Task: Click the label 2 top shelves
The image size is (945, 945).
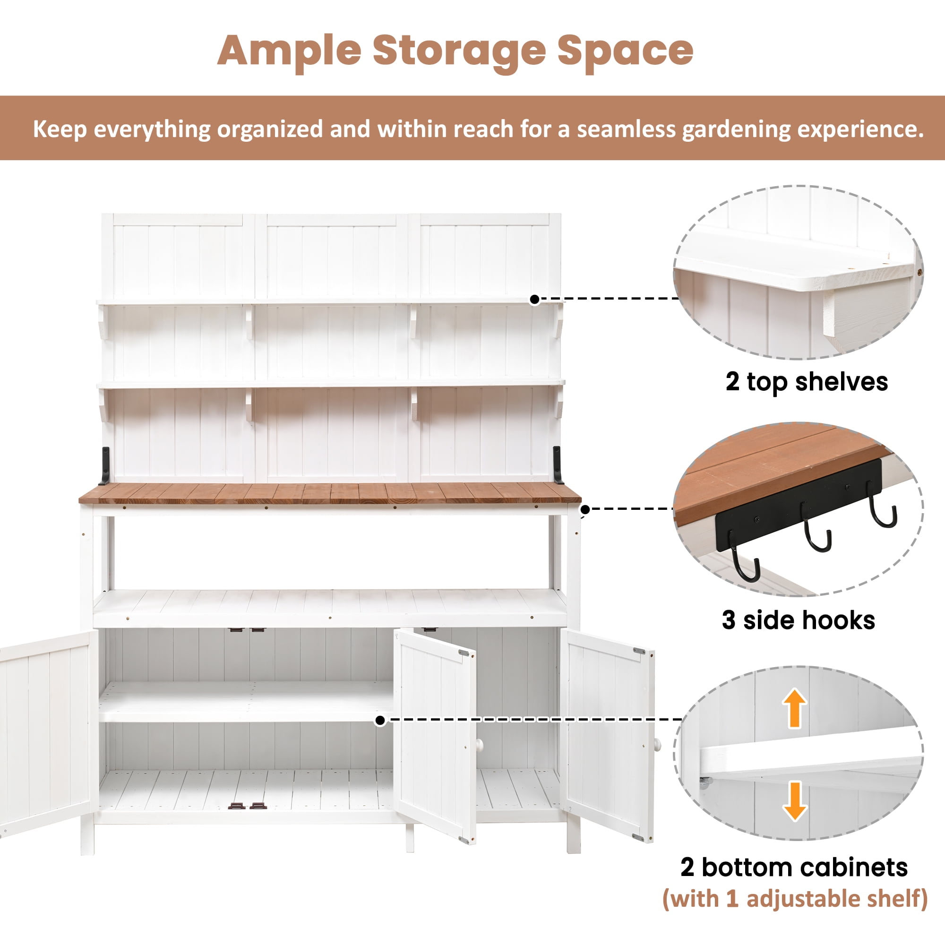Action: [x=807, y=382]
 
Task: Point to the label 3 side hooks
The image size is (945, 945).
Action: [x=798, y=620]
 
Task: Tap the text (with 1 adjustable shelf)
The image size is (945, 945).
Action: [x=795, y=899]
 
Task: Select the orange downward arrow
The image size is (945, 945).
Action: [x=795, y=801]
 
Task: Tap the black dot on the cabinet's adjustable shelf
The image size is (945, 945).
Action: [x=380, y=721]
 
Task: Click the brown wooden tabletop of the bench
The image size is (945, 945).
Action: [x=330, y=493]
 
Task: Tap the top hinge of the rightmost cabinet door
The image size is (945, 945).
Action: [x=639, y=651]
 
